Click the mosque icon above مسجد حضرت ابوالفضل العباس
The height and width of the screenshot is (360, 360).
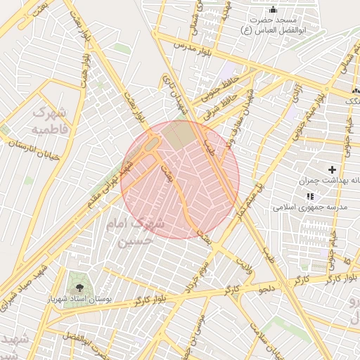pyautogui.click(x=274, y=9)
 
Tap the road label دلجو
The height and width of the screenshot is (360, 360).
pyautogui.click(x=267, y=288)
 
